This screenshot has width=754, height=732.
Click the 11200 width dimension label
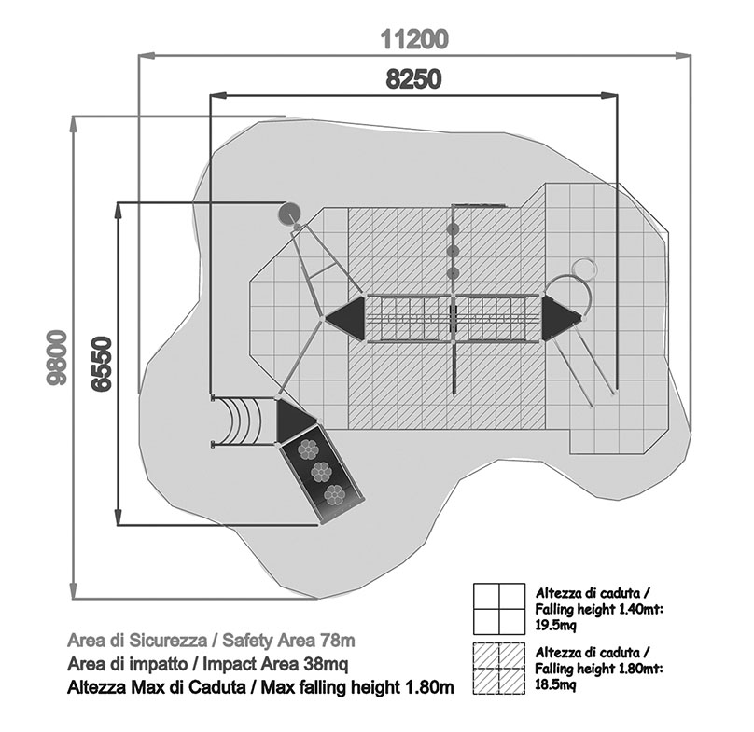coord(414,39)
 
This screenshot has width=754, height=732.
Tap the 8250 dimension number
coord(414,79)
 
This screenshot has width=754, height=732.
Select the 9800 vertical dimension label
coord(59,358)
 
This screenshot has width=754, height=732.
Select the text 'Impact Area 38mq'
coord(283,664)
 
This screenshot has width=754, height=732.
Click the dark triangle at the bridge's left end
coord(344,317)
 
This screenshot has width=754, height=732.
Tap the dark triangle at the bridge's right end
coord(560,317)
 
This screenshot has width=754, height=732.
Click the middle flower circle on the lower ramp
coord(318,469)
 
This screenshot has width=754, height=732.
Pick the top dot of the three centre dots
coord(454,229)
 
